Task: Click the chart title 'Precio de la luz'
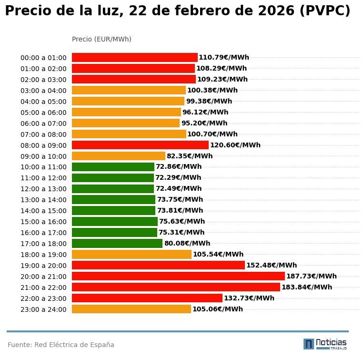click(x=177, y=11)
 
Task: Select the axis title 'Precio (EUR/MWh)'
click(x=101, y=39)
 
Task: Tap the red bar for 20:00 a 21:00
click(x=178, y=276)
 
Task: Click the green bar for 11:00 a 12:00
click(x=113, y=178)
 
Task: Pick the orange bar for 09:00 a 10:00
click(x=119, y=156)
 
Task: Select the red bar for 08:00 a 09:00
click(x=140, y=145)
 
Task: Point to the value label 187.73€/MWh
click(x=311, y=276)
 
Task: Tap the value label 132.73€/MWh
click(x=249, y=298)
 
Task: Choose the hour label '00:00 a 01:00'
click(x=43, y=58)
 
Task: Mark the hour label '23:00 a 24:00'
click(x=43, y=309)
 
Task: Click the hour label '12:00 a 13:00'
click(x=43, y=189)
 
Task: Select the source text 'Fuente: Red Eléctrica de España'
click(x=61, y=345)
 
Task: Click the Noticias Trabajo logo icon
click(x=309, y=344)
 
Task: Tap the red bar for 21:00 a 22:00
click(x=176, y=287)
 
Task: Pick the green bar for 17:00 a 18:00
click(x=117, y=243)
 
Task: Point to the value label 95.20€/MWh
click(x=204, y=123)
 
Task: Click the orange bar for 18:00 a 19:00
click(x=131, y=254)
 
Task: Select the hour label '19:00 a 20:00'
click(x=43, y=266)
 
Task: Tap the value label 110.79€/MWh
click(x=223, y=58)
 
